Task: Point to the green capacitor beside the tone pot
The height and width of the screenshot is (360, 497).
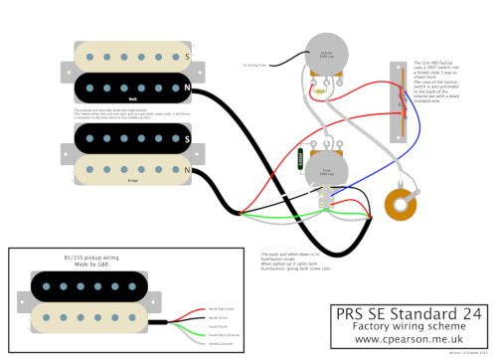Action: coord(300,157)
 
